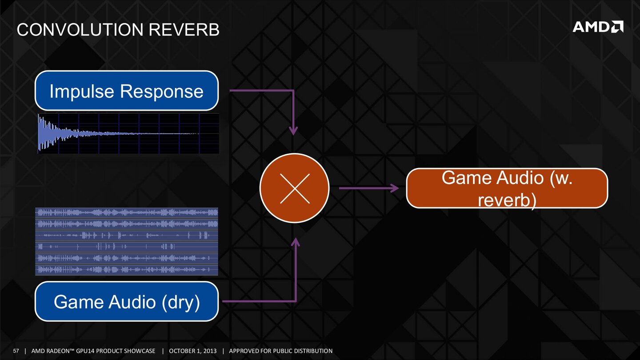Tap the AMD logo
[x=598, y=27]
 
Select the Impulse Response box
[x=127, y=91]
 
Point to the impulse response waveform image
[x=128, y=133]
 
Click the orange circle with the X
[x=294, y=188]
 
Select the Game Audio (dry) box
[x=127, y=301]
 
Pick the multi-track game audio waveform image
[x=127, y=241]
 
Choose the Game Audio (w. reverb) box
[x=507, y=188]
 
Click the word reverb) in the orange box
[x=507, y=200]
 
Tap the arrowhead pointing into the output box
[x=394, y=188]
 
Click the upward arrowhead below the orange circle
[x=296, y=243]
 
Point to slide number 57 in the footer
[x=16, y=351]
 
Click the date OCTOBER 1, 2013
[x=193, y=351]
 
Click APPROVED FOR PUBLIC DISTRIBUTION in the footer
[x=280, y=351]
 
